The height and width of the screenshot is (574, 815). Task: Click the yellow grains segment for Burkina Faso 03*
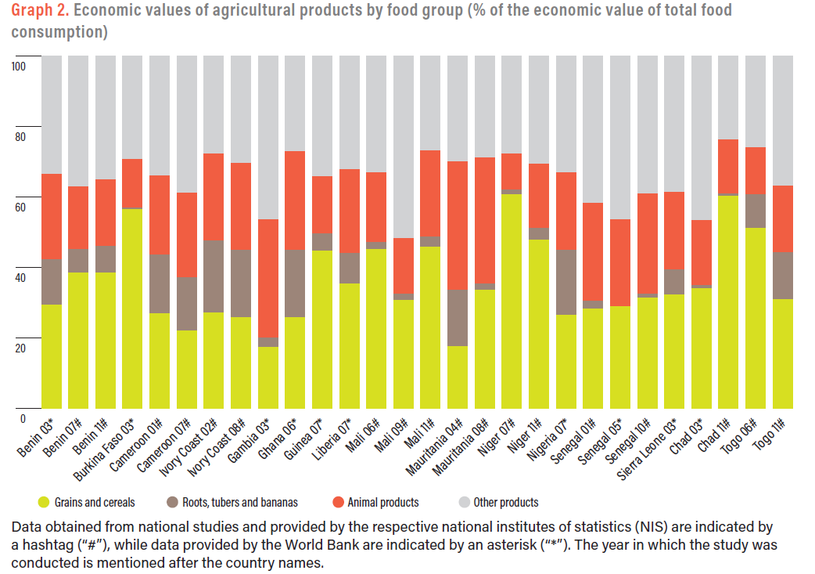[133, 309]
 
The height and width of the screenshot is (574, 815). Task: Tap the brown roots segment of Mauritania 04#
[458, 317]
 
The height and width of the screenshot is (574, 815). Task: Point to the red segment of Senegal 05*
[620, 262]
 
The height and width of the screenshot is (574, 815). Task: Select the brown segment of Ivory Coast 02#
[214, 276]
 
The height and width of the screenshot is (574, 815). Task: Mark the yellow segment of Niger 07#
[512, 301]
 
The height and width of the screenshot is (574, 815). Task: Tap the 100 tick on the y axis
[18, 67]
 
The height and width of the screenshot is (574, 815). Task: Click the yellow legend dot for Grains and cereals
[44, 503]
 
